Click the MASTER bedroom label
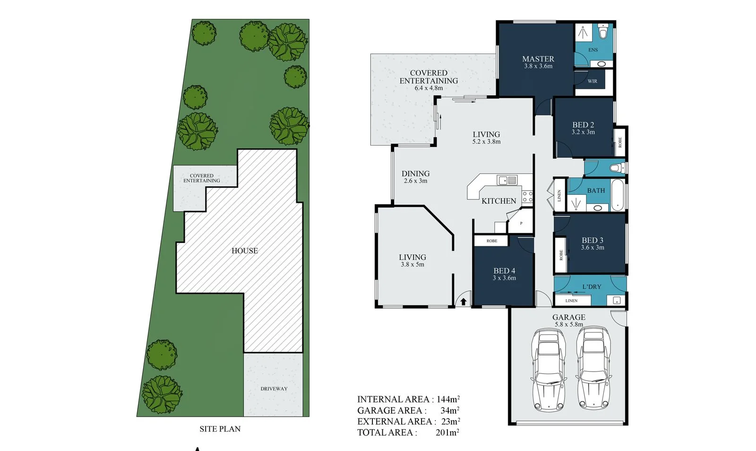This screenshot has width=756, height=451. tap(538, 59)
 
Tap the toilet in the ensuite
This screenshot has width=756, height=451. tap(603, 31)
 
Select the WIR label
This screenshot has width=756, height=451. tap(593, 81)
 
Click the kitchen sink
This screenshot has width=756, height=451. tap(507, 180)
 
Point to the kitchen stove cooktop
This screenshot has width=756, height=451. tap(527, 197)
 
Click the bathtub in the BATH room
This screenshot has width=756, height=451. tap(618, 195)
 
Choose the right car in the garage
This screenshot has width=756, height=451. tap(593, 368)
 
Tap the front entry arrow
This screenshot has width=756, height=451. tap(464, 302)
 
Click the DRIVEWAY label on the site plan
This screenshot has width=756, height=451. tap(274, 389)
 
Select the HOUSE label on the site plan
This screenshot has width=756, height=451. tap(245, 251)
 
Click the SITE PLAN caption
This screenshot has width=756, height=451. tap(220, 429)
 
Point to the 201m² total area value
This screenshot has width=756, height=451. tap(447, 432)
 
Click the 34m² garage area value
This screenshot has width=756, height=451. tap(449, 410)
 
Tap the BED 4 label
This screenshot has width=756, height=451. tap(504, 271)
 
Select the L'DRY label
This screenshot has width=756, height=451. tap(592, 286)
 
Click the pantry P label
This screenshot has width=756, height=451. tap(521, 223)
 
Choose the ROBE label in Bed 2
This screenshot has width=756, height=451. tap(620, 142)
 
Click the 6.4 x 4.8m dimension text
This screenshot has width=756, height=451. tap(429, 88)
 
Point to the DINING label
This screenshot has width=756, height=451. tap(415, 173)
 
